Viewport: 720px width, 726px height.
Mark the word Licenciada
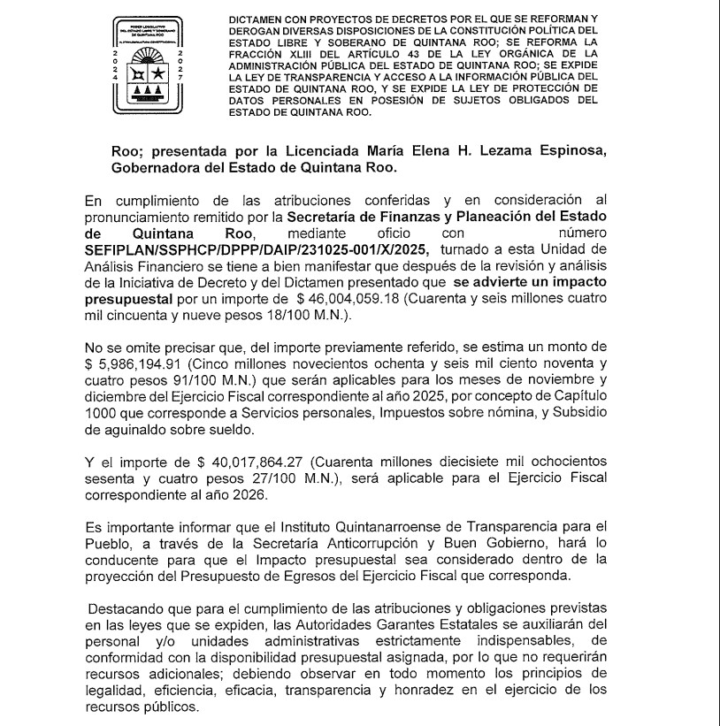(x=332, y=151)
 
